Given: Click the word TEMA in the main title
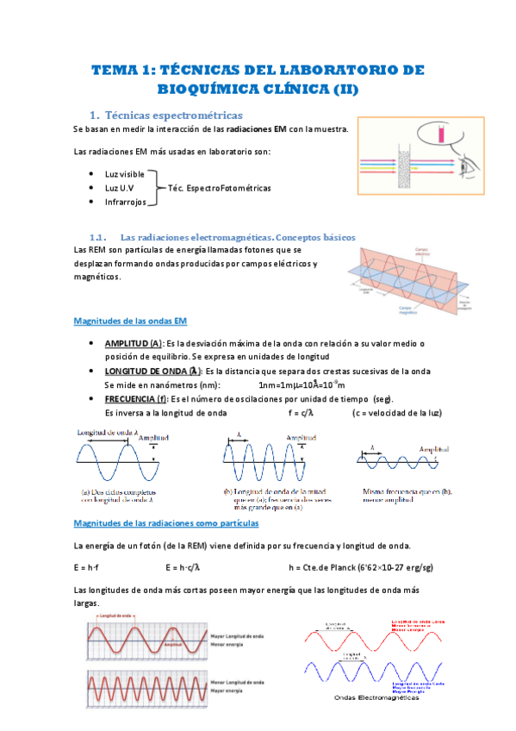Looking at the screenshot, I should [x=116, y=70].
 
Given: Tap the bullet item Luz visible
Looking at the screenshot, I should [x=124, y=173].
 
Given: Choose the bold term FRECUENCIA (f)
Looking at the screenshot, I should [x=135, y=399].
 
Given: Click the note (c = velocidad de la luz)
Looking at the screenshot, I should [x=397, y=413].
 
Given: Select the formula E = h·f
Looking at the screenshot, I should [x=87, y=567].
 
